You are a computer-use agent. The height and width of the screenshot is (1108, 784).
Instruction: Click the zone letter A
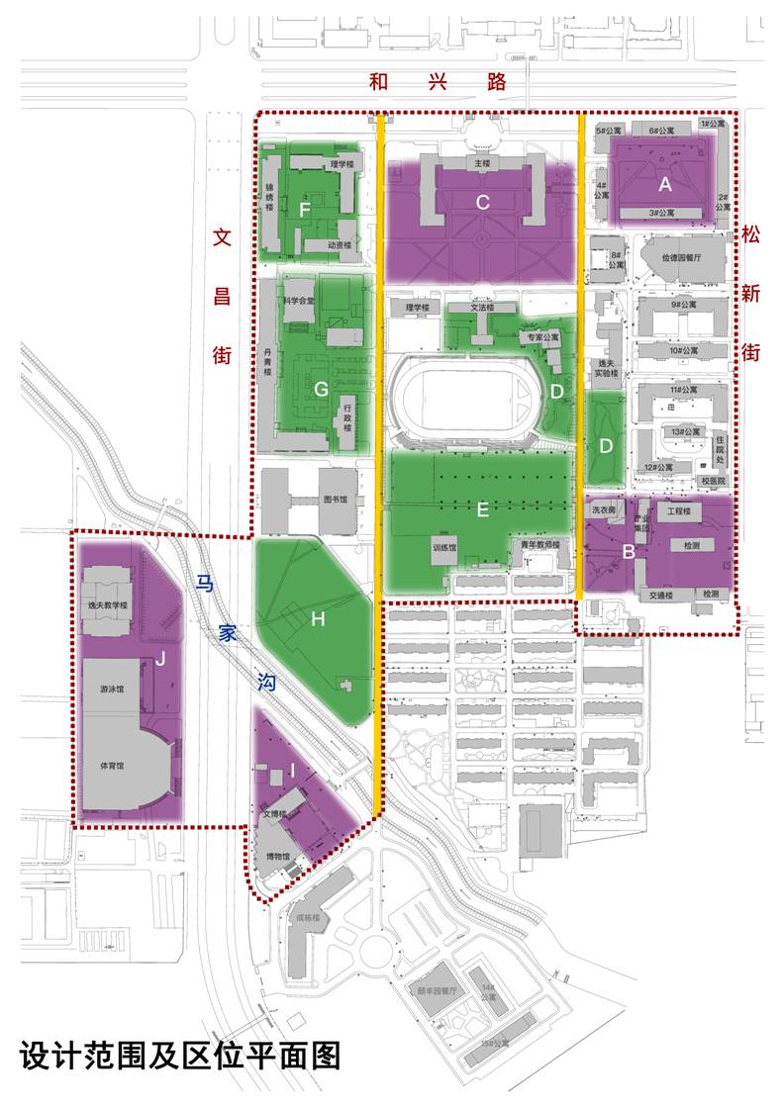tap(665, 183)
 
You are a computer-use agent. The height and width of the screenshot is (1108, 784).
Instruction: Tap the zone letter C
tap(483, 203)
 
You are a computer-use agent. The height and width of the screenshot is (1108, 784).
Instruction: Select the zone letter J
tap(158, 661)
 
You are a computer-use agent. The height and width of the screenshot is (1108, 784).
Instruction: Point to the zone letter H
tap(318, 619)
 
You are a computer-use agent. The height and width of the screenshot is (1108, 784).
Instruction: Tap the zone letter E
tap(483, 509)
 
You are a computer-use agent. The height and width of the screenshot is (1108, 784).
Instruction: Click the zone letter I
tap(293, 771)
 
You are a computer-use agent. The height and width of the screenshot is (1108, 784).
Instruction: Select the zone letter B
tap(629, 551)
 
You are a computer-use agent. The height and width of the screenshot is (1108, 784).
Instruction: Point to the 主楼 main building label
tap(482, 163)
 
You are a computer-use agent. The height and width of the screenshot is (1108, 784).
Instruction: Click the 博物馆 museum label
tap(276, 857)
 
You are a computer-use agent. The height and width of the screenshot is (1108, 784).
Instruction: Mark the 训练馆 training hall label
tap(443, 546)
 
